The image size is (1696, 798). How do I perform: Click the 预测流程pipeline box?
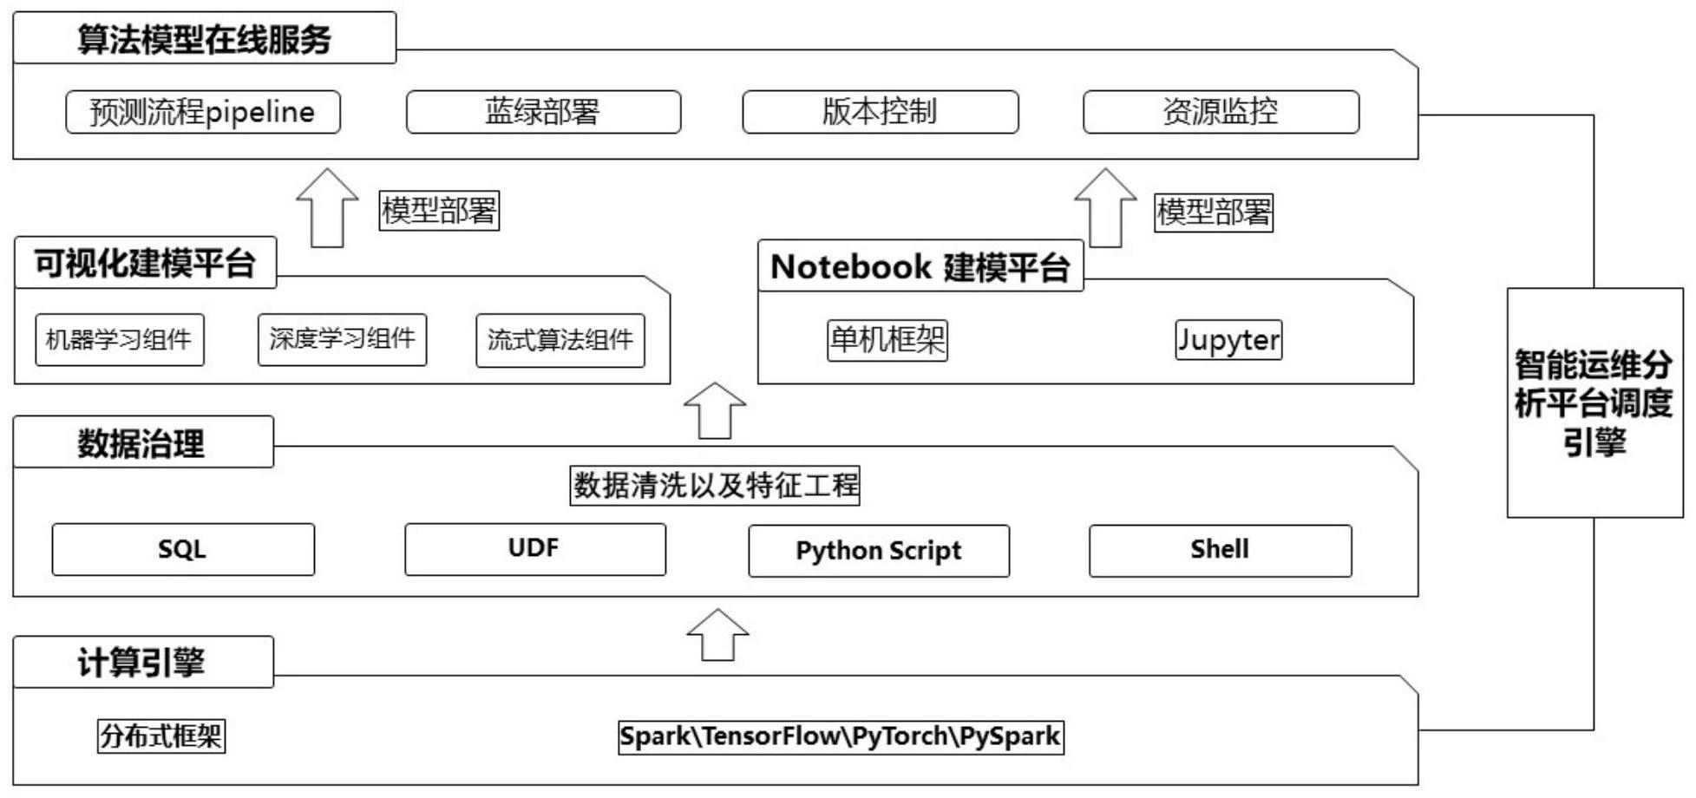[x=203, y=112]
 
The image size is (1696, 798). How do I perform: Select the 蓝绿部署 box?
[x=543, y=112]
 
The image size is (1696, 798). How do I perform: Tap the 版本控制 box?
[x=880, y=112]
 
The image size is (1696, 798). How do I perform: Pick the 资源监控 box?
[x=1221, y=112]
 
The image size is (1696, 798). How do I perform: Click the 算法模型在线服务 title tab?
[x=205, y=39]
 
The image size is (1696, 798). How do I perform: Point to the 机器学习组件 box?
[x=120, y=339]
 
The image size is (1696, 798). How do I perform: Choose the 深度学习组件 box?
[x=342, y=339]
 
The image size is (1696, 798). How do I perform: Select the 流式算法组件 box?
[x=560, y=340]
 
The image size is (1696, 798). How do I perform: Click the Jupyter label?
[x=1228, y=340]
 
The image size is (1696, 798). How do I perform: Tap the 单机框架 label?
[x=887, y=340]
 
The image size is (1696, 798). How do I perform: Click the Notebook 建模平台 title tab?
[x=920, y=266]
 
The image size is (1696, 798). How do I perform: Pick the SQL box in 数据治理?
[x=183, y=549]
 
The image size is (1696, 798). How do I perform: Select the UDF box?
[x=534, y=549]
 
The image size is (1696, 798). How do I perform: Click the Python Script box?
[x=879, y=551]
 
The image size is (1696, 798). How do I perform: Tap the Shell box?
[x=1220, y=550]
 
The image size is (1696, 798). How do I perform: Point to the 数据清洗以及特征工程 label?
[x=715, y=486]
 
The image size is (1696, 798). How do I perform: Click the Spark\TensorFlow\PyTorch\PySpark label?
[x=840, y=736]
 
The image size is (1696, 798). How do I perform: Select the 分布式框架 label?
[x=161, y=736]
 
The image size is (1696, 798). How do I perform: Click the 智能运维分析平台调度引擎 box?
[x=1595, y=403]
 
